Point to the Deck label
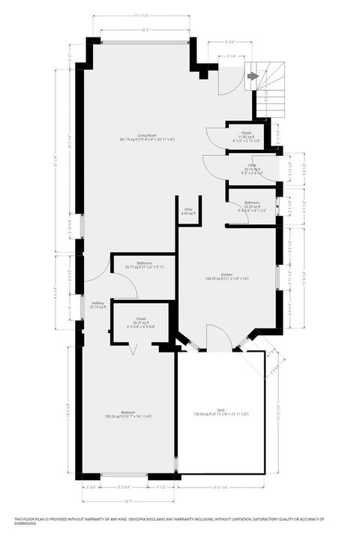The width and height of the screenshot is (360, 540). tap(220, 409)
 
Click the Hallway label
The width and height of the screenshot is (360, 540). tap(97, 303)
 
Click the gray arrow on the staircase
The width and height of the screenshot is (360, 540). tap(253, 76)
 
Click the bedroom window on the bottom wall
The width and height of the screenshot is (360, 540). tap(124, 475)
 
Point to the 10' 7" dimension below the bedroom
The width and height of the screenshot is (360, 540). tap(127, 502)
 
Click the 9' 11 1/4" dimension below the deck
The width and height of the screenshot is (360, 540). tap(220, 487)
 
